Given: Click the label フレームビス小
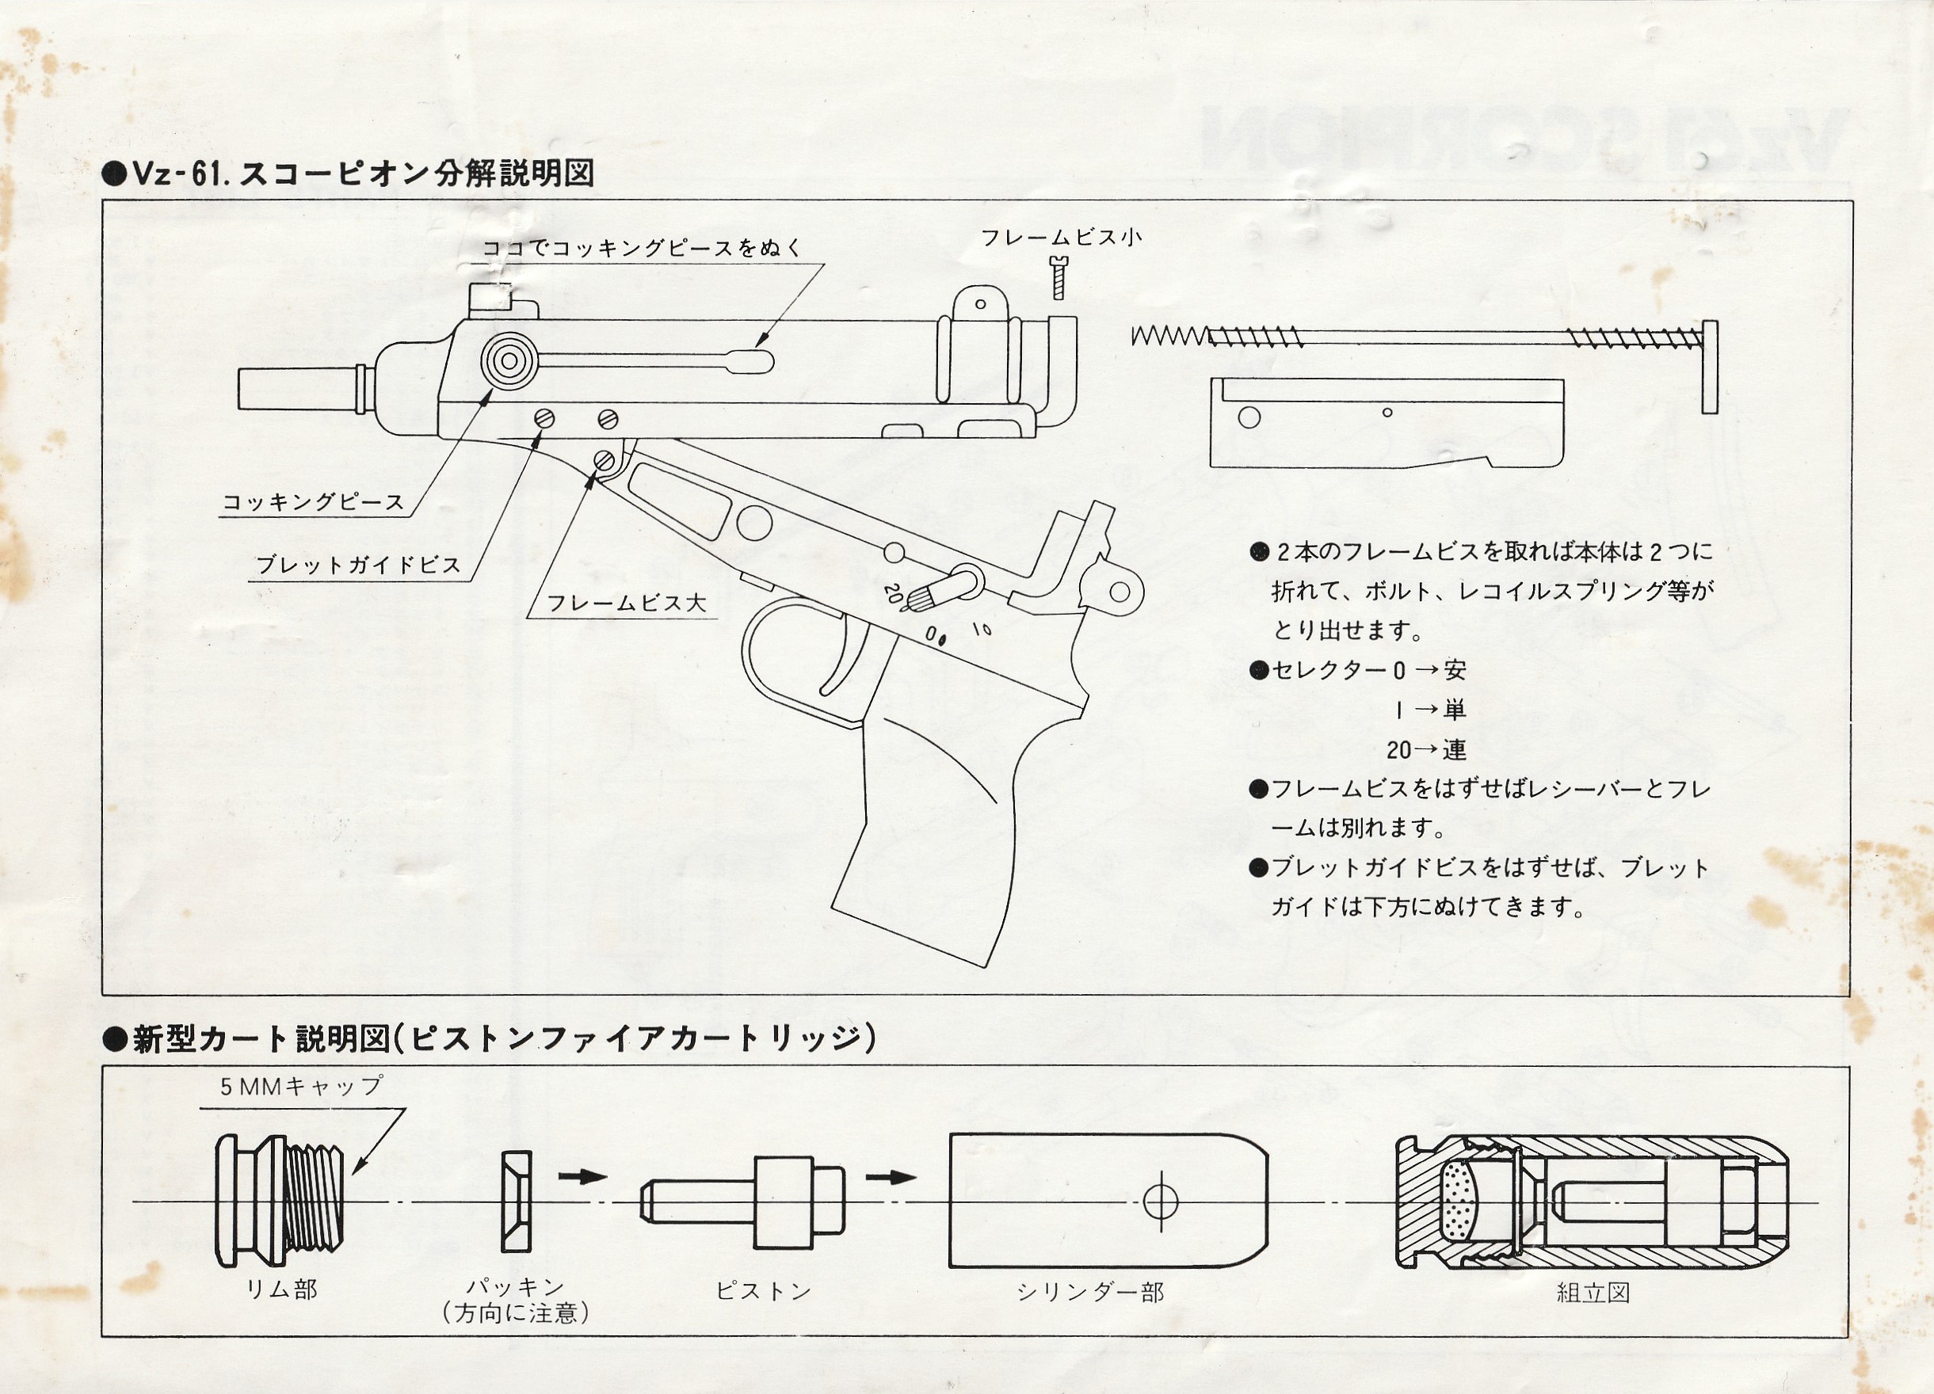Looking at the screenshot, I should (x=1061, y=238).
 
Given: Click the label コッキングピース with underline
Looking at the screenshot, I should (x=313, y=502).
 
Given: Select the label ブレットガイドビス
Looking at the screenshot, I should (x=358, y=565).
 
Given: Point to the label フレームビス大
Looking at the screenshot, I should (x=626, y=603).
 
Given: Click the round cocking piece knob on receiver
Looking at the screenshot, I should (x=509, y=360).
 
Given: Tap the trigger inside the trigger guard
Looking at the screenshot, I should (x=845, y=657).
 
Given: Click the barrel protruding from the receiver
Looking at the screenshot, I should (x=299, y=388).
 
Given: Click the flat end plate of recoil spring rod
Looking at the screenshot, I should (x=1709, y=368).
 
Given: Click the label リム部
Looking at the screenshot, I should (x=281, y=1289).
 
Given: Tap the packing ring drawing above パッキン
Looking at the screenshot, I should (x=516, y=1202).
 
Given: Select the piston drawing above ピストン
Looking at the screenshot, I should (x=742, y=1202).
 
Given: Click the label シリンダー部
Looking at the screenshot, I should (x=1089, y=1293).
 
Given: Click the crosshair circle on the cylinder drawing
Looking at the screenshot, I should (x=1160, y=1202).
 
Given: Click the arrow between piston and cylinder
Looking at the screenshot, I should (x=891, y=1178).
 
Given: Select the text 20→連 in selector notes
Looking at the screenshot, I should (x=1426, y=750).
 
